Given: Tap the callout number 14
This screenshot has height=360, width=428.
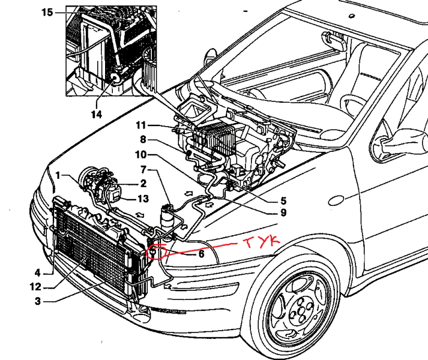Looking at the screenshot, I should pos(96,113).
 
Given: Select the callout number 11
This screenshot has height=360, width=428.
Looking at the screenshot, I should pos(140,125).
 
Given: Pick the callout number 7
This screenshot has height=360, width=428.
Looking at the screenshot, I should pos(144,170).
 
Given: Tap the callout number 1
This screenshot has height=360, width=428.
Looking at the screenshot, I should pos(58,175).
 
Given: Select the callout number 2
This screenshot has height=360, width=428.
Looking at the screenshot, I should pos(143,184).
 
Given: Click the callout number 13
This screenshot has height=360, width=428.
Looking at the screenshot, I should pos(143,199).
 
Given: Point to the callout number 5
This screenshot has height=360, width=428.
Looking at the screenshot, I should pos(283,200).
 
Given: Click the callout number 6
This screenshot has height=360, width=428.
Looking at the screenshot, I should pos(202,254).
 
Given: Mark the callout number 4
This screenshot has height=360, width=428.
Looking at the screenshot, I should pos(37,272).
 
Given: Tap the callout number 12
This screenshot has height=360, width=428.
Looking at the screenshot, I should pos(36,287).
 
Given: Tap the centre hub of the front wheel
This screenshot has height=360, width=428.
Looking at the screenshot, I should pos(300,308).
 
